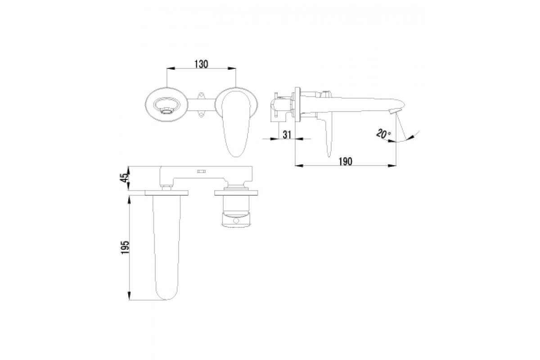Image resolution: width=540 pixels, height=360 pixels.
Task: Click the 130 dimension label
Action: [x=201, y=64]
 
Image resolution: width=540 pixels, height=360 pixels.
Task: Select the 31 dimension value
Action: [x=287, y=135]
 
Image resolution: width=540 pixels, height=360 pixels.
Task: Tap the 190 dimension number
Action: [x=346, y=162]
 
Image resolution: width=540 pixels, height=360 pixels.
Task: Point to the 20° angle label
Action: [x=383, y=134]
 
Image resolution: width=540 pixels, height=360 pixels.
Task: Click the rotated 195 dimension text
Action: [x=126, y=247]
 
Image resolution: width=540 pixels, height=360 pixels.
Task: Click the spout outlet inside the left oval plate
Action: [x=167, y=106]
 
